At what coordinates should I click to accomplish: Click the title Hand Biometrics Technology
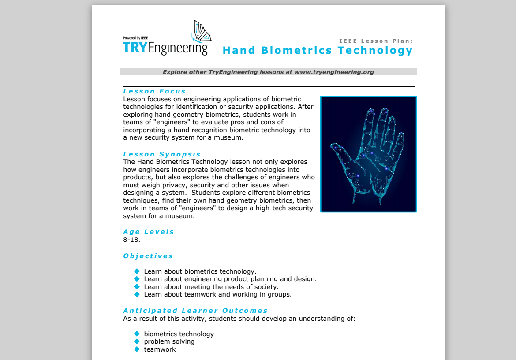(x=318, y=50)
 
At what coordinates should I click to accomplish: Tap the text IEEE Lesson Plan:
(x=376, y=41)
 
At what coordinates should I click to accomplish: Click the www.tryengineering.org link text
(x=334, y=72)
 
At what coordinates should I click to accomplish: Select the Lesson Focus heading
(x=154, y=91)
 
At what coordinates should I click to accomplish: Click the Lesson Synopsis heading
(x=162, y=154)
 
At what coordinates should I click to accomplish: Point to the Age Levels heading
(x=149, y=232)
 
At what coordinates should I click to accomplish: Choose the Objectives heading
(x=148, y=256)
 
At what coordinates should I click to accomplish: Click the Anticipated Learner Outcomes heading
(x=195, y=311)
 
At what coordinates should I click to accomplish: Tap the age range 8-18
(x=131, y=240)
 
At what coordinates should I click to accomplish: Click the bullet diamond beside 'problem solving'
(x=137, y=341)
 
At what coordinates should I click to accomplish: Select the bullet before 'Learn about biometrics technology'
(x=137, y=271)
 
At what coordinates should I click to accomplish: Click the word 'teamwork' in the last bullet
(x=160, y=349)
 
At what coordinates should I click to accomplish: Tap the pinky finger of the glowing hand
(x=399, y=141)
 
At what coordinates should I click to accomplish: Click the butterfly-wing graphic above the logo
(x=202, y=31)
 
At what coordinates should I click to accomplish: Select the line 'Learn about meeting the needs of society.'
(x=211, y=287)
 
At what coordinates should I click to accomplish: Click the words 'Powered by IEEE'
(x=135, y=38)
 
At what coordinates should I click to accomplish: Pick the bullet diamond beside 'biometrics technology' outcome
(x=137, y=334)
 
